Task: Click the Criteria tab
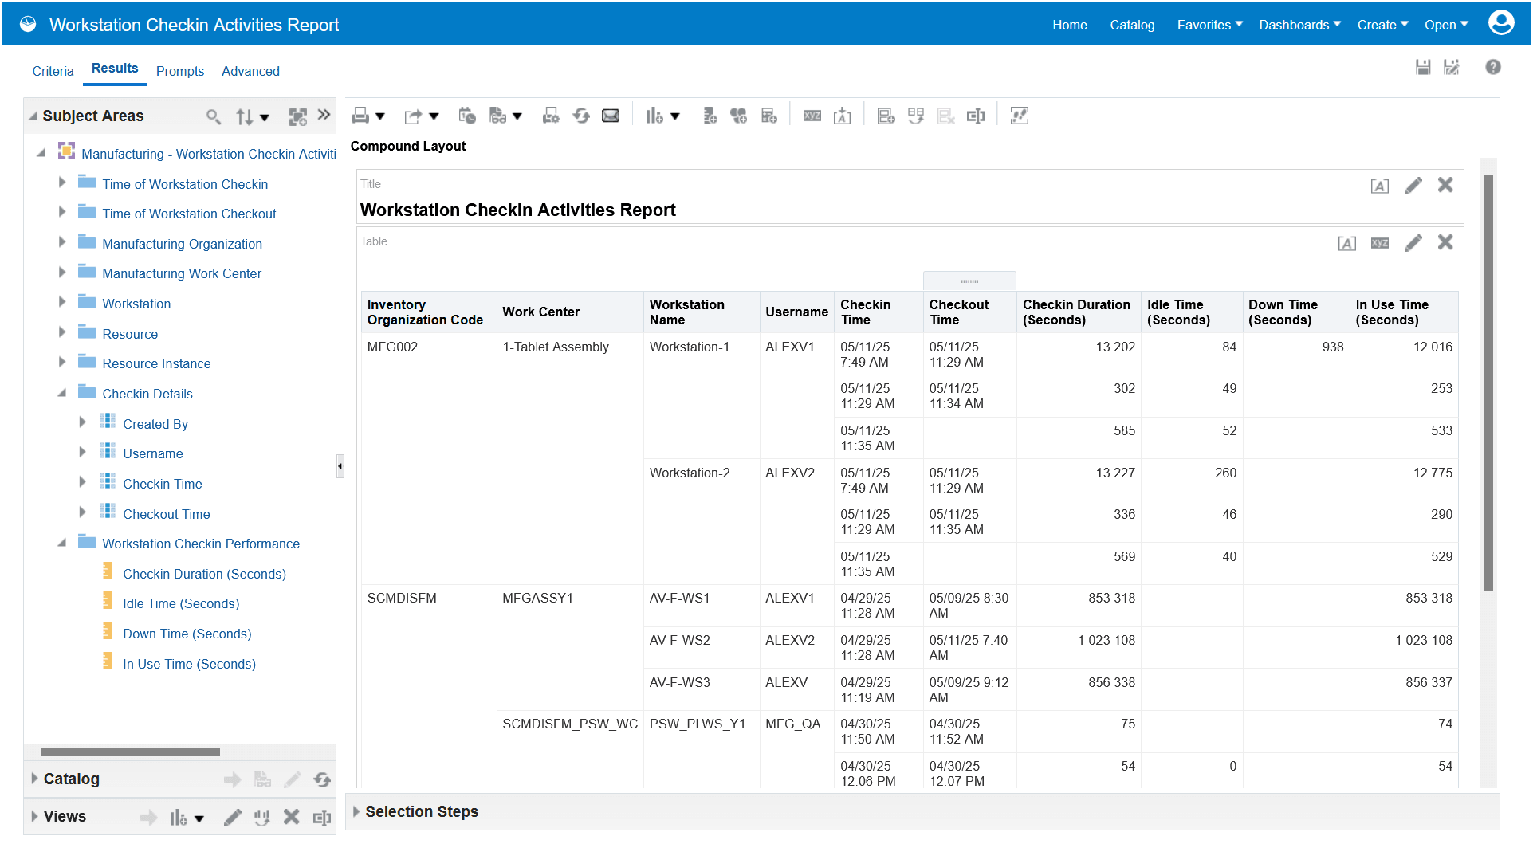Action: (53, 71)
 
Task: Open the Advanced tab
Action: (250, 71)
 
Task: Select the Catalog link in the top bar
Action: (1132, 25)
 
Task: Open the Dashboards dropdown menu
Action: (1299, 25)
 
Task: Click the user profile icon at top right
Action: (1500, 23)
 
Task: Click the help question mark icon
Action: (1492, 68)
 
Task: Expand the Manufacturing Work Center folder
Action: (62, 273)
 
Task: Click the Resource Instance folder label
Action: (156, 363)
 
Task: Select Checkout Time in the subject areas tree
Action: (166, 514)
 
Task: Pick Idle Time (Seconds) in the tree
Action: (180, 603)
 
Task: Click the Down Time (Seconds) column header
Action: (1283, 312)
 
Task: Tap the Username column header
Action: (796, 312)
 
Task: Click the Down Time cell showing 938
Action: (1332, 347)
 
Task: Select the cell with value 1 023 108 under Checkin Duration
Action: (1106, 640)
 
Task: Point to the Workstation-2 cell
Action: (690, 473)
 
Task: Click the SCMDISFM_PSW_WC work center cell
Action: (569, 724)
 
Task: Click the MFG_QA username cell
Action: (792, 724)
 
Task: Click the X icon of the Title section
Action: (1445, 185)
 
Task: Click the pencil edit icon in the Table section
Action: (1413, 242)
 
